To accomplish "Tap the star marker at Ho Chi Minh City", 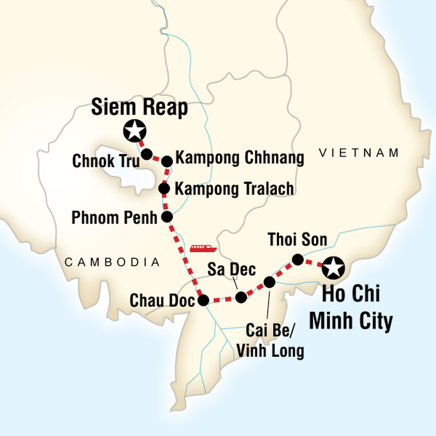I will click(333, 268).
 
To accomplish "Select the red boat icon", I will click(203, 248).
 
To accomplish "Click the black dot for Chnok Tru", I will click(147, 154).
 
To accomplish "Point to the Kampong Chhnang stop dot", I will click(167, 161).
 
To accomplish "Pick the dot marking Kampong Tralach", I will click(163, 189).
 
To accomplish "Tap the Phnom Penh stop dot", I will click(167, 217).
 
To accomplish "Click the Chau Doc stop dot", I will click(203, 300).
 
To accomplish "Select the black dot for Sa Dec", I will click(241, 297).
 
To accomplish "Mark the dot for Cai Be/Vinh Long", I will click(269, 282).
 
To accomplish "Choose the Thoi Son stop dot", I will click(298, 259).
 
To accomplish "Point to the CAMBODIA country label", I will click(112, 263).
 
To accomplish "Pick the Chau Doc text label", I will click(162, 301).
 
